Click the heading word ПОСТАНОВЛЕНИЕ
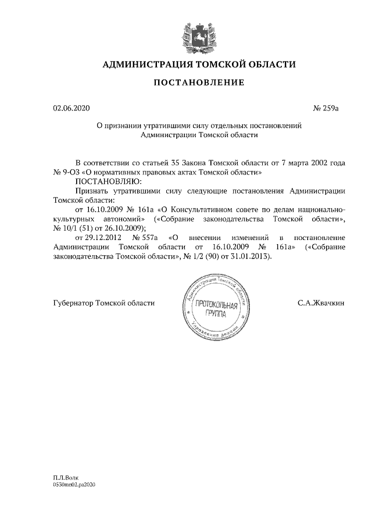tap(198, 83)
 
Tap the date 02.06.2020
tap(71, 108)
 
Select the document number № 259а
tap(325, 108)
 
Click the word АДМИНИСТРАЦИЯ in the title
tap(146, 64)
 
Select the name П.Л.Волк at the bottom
tap(65, 477)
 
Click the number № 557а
tap(146, 237)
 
